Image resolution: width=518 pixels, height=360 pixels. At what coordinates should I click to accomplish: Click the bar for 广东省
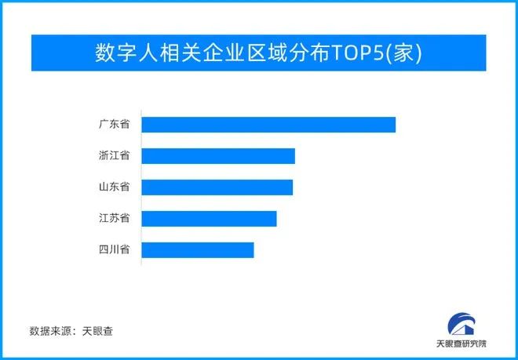pyautogui.click(x=268, y=125)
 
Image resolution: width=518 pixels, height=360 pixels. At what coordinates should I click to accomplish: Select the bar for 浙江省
pyautogui.click(x=218, y=156)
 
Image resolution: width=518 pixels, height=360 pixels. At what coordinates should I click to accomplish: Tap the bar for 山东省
pyautogui.click(x=217, y=187)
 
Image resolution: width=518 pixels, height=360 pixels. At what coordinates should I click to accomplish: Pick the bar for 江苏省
pyautogui.click(x=209, y=219)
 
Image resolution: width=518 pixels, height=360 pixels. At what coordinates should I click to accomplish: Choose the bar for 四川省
pyautogui.click(x=198, y=250)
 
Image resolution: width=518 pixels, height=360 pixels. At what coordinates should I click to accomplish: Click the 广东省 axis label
pyautogui.click(x=114, y=125)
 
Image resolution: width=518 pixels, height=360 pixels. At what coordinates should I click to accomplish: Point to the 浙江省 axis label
pyautogui.click(x=114, y=155)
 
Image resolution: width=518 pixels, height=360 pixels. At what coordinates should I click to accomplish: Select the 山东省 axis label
pyautogui.click(x=114, y=187)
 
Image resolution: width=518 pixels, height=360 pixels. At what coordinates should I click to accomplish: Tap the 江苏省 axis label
pyautogui.click(x=114, y=218)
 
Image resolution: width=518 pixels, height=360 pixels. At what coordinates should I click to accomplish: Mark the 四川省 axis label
pyautogui.click(x=114, y=249)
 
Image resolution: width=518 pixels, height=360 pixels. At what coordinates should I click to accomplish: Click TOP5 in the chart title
pyautogui.click(x=358, y=53)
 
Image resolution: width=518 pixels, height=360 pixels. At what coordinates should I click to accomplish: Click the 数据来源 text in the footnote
pyautogui.click(x=50, y=331)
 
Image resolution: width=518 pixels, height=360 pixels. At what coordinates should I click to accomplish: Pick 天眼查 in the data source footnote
pyautogui.click(x=98, y=331)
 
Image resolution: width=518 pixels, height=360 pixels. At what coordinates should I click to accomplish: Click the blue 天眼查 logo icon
pyautogui.click(x=461, y=324)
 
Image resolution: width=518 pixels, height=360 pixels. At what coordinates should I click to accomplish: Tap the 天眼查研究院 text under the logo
pyautogui.click(x=461, y=344)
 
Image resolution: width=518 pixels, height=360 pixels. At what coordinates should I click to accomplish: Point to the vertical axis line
pyautogui.click(x=141, y=187)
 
